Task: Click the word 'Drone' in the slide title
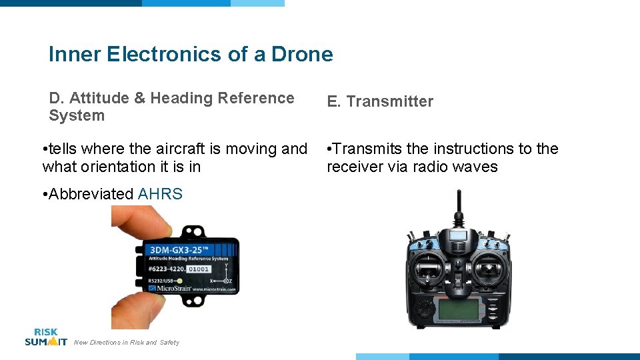301,54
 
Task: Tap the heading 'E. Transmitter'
379,101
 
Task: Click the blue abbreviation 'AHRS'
160,194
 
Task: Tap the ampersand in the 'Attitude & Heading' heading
140,98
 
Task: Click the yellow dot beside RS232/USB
180,281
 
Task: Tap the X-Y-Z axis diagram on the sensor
225,275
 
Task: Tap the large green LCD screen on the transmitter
459,310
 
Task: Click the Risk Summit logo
45,337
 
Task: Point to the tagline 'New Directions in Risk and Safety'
126,343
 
